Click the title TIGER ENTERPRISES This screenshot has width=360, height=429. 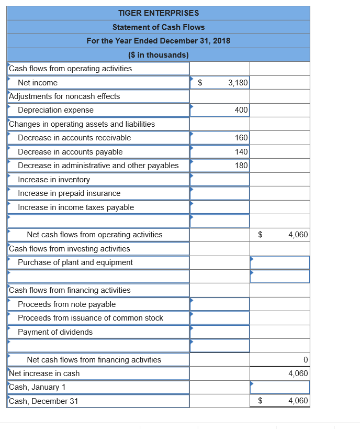[x=158, y=13]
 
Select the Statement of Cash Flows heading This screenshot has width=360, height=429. [x=158, y=27]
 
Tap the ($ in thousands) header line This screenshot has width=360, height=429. [x=158, y=54]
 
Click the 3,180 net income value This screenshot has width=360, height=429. [x=238, y=83]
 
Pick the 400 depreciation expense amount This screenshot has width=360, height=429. [x=241, y=110]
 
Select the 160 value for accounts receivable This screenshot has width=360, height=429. [x=241, y=138]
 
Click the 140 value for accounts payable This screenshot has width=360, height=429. [x=241, y=152]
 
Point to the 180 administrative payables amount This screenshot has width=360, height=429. [x=241, y=166]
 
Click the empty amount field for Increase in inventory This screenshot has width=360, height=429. [x=220, y=180]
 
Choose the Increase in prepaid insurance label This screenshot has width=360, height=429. [x=69, y=193]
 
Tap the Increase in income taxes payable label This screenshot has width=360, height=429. [x=76, y=207]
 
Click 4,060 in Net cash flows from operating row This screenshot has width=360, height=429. [x=298, y=235]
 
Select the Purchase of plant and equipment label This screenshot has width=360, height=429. [x=75, y=262]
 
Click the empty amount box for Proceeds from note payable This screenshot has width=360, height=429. [x=220, y=304]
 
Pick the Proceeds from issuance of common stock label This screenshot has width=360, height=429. [x=91, y=318]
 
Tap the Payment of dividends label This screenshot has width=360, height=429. [x=55, y=332]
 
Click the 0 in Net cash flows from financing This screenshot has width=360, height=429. [x=305, y=360]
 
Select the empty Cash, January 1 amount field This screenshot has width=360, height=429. [x=280, y=387]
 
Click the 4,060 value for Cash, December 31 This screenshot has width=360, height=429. [x=298, y=401]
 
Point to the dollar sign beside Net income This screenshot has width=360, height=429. [x=199, y=83]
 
